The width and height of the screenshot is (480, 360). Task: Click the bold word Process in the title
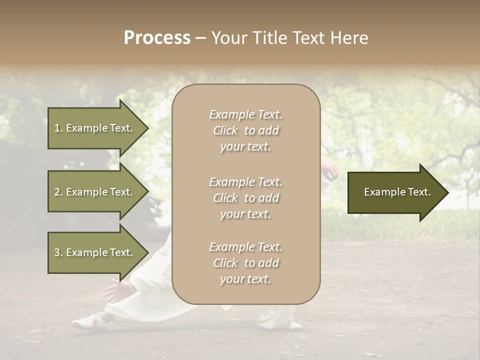click(157, 38)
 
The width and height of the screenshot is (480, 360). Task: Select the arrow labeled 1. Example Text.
click(95, 128)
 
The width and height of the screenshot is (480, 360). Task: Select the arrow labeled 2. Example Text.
click(95, 192)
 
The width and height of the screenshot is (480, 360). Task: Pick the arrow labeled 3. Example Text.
click(95, 252)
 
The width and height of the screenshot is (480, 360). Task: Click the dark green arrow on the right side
click(395, 192)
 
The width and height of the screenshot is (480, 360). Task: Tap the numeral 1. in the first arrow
click(58, 128)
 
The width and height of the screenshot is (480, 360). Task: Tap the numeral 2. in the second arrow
click(58, 192)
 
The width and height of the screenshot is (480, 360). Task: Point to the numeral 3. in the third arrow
click(58, 252)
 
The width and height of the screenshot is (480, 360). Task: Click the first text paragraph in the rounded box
click(245, 130)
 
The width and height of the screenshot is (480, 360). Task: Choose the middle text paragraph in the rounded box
click(245, 198)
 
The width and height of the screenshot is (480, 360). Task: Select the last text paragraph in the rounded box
click(245, 263)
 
